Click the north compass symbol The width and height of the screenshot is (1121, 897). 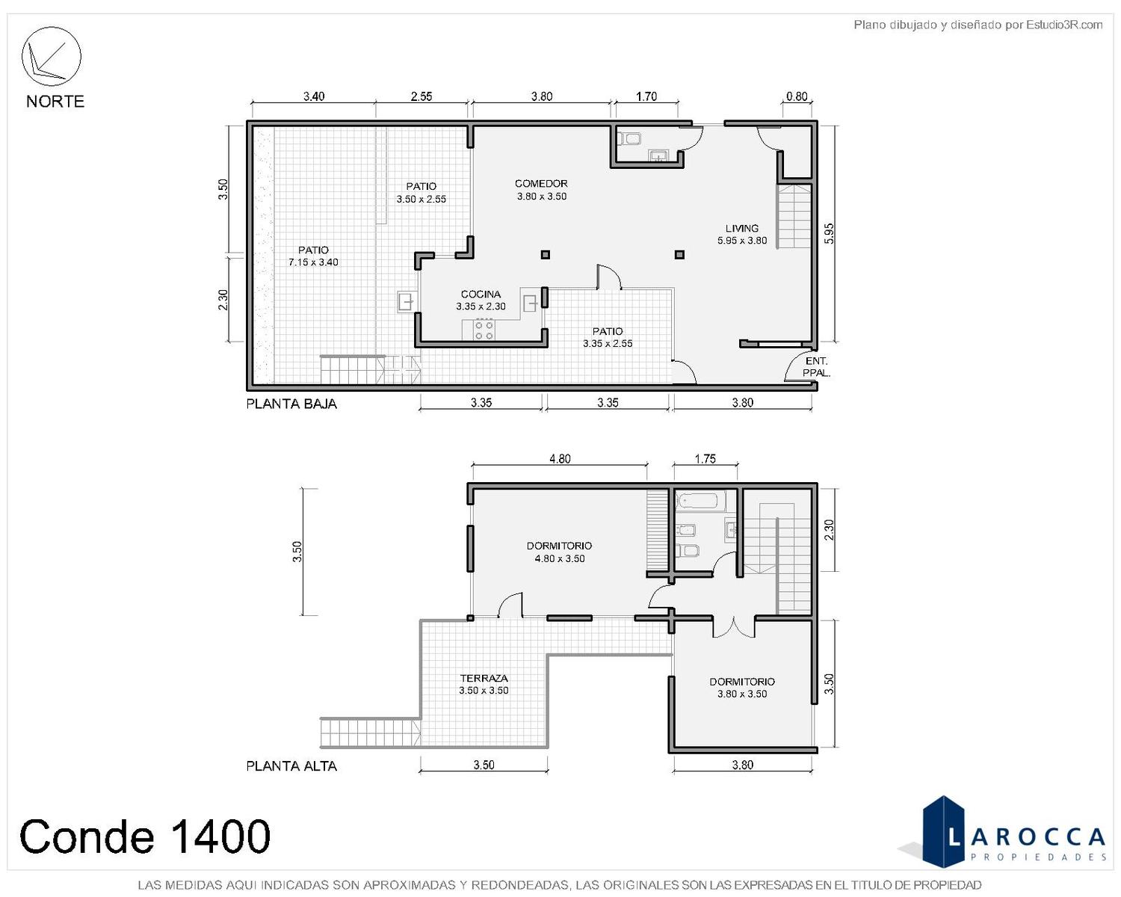point(51,56)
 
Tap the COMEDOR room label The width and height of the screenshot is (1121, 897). point(541,183)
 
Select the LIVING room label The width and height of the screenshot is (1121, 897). point(742,228)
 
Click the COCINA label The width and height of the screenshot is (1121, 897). point(481,294)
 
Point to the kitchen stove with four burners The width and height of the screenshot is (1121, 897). point(484,330)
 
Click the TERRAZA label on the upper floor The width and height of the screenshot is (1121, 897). point(484,679)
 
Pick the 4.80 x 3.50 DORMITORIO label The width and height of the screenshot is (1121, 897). point(559,552)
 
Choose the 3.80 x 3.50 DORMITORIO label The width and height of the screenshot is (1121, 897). point(742,688)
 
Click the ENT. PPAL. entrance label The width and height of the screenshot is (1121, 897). point(816,367)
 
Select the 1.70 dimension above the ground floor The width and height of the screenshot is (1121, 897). point(646,96)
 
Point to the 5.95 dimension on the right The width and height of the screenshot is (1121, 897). point(830,233)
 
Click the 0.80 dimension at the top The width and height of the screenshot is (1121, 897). point(797,96)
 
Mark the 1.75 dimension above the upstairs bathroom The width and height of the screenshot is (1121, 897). point(705,459)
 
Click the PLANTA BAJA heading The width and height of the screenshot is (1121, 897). point(291,404)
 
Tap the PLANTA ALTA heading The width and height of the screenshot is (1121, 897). point(291,766)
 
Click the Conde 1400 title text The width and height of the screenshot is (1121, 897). point(145,836)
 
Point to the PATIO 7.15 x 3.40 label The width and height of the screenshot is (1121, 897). point(313,256)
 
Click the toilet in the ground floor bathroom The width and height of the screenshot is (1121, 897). point(629,139)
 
